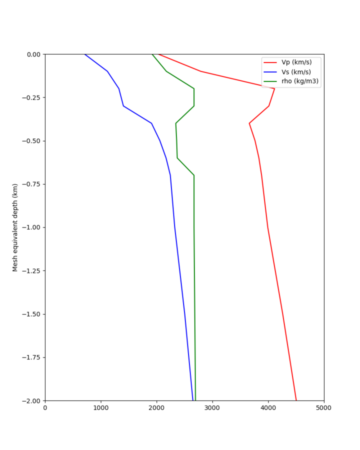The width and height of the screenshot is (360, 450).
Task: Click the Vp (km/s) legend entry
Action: click(296, 62)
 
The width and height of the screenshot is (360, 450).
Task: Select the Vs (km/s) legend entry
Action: click(296, 72)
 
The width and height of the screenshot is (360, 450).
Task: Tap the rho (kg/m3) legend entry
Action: click(299, 81)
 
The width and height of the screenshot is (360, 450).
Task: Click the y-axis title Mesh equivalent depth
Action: click(15, 227)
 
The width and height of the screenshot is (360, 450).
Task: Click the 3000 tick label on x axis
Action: click(212, 408)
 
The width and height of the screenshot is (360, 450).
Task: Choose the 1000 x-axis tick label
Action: click(101, 408)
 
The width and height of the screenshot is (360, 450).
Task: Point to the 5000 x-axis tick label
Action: click(324, 408)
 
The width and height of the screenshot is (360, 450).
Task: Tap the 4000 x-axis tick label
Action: click(268, 408)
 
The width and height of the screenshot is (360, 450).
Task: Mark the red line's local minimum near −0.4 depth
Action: click(249, 123)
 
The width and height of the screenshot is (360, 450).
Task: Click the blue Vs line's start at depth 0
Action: click(84, 54)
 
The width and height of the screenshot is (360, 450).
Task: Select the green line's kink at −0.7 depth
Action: click(194, 175)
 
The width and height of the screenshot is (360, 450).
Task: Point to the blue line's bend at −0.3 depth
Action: click(123, 106)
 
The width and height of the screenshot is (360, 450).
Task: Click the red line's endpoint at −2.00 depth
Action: click(296, 400)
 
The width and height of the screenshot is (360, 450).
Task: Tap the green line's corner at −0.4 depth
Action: click(176, 123)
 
